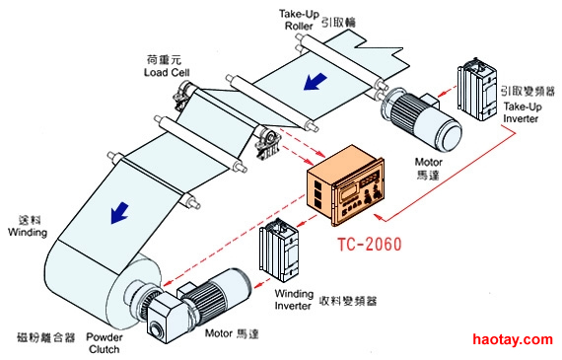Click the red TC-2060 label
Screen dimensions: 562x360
(370, 245)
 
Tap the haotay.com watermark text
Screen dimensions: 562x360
(512, 339)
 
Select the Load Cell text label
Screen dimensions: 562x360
(167, 72)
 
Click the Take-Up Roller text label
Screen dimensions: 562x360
(299, 20)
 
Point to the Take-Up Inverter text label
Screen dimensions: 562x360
(523, 112)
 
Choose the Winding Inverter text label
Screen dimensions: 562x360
(294, 300)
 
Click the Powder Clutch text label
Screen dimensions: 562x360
(105, 343)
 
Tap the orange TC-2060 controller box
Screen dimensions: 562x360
(345, 185)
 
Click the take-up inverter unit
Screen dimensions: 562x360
(477, 89)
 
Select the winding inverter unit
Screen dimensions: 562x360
(280, 251)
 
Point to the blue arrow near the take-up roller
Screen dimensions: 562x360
(315, 82)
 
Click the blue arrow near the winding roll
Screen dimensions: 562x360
(119, 213)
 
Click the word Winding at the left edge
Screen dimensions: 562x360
(28, 233)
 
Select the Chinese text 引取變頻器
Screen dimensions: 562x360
(527, 91)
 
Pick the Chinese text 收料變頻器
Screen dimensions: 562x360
(348, 301)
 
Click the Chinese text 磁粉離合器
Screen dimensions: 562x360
(46, 337)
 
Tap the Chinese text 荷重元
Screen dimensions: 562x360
(164, 59)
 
